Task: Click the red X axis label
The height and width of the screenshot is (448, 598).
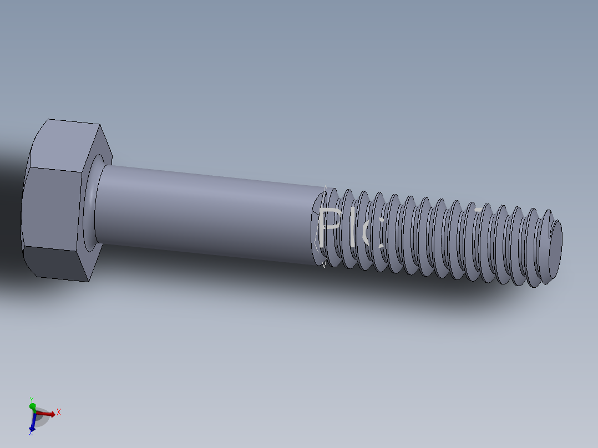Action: click(x=58, y=412)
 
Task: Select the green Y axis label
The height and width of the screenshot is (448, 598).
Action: click(x=32, y=399)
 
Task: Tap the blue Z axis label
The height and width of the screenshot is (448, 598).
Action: click(x=31, y=432)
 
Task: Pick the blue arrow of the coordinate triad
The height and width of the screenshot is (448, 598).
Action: click(x=33, y=424)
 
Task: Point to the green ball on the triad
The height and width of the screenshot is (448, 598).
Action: click(x=33, y=407)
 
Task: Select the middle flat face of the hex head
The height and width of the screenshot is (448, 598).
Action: click(x=53, y=208)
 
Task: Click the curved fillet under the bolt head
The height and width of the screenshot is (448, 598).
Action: click(x=91, y=205)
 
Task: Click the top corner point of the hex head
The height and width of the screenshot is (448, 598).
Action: click(x=49, y=119)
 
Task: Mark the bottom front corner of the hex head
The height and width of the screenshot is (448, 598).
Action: click(x=89, y=281)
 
